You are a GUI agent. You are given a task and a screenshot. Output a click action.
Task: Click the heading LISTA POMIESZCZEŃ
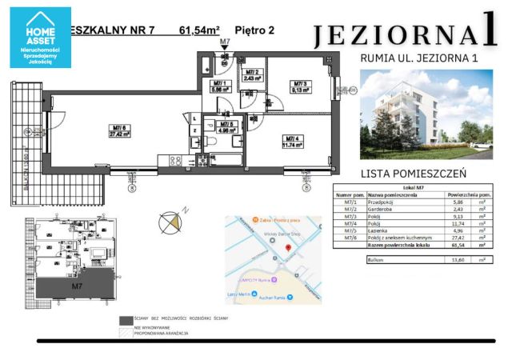pos(413,172)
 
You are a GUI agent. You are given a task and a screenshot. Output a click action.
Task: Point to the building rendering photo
pos(423,113)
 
